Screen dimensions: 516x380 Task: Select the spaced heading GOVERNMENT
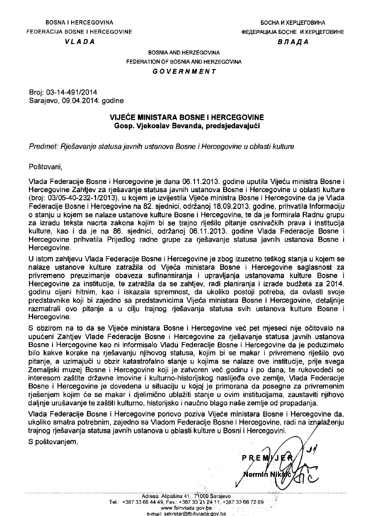pyautogui.click(x=184, y=71)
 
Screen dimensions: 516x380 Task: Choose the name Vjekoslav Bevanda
pyautogui.click(x=161, y=124)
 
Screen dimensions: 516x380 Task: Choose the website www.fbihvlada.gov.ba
pyautogui.click(x=187, y=507)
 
